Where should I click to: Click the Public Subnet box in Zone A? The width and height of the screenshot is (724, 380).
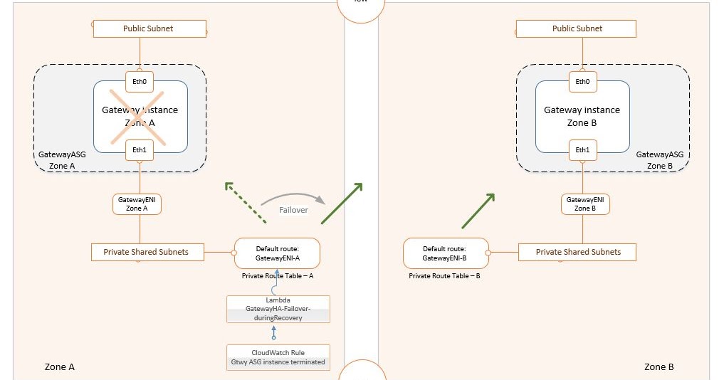[x=149, y=28]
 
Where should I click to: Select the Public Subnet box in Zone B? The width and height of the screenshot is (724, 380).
[x=576, y=28]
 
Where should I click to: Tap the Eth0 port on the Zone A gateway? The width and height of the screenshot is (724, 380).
[x=140, y=81]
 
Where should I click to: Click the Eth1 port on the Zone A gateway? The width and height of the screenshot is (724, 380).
[x=140, y=149]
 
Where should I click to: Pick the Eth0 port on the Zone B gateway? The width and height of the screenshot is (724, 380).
[x=582, y=81]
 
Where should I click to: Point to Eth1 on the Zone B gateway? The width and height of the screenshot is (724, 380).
[x=582, y=149]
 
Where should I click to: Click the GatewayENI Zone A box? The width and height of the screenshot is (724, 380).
[x=137, y=204]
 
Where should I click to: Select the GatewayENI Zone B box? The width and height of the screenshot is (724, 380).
[x=585, y=204]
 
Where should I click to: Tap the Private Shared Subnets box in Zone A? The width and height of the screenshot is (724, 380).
[x=147, y=252]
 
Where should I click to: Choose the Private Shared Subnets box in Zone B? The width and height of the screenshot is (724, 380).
[x=577, y=252]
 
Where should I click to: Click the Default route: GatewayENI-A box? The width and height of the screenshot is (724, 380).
[x=278, y=253]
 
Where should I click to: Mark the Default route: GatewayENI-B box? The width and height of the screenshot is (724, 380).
[x=445, y=253]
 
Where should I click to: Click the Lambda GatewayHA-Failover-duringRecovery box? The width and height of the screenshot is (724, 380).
[x=278, y=310]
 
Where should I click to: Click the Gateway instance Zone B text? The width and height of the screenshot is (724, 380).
[x=582, y=116]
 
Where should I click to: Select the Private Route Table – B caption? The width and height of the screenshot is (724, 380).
[x=444, y=275]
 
